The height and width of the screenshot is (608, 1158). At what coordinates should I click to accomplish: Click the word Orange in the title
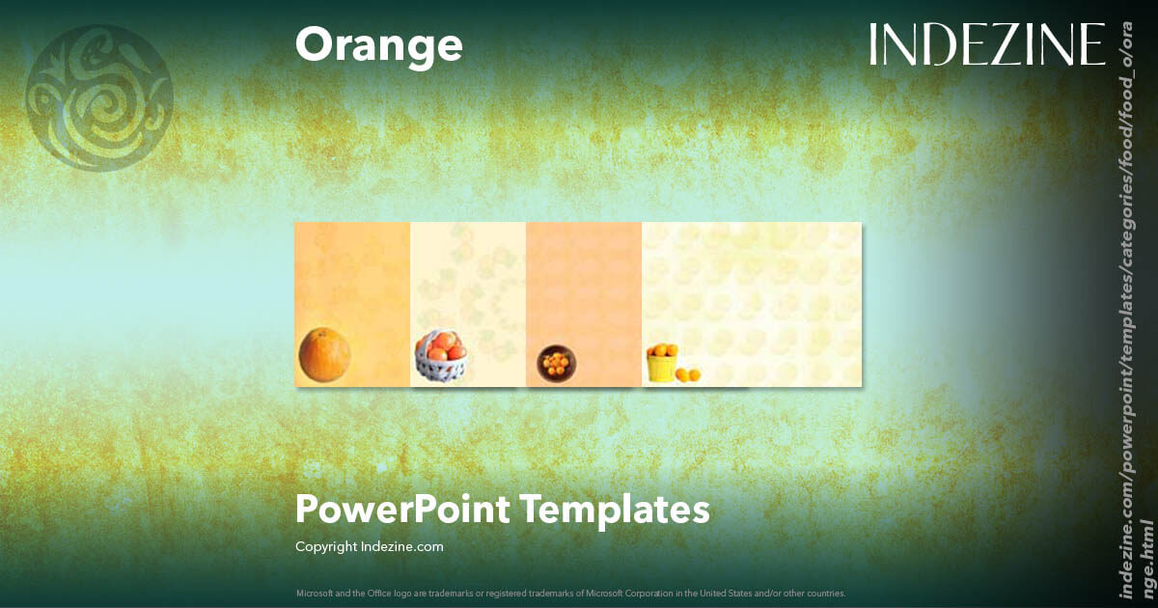click(378, 45)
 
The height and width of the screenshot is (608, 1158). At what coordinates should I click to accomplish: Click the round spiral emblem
click(100, 97)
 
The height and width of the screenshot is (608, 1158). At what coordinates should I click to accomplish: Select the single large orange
click(323, 353)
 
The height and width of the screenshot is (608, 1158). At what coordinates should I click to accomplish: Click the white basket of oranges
click(440, 361)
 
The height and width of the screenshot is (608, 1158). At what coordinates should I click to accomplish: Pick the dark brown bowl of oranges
click(556, 363)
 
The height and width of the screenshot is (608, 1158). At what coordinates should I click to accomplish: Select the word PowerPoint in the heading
click(401, 509)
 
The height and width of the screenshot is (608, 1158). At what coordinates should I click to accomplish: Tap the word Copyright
click(326, 546)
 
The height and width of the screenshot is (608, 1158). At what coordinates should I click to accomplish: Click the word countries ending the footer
click(827, 593)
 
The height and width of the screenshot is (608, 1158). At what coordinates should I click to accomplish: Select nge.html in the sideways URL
click(1146, 564)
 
